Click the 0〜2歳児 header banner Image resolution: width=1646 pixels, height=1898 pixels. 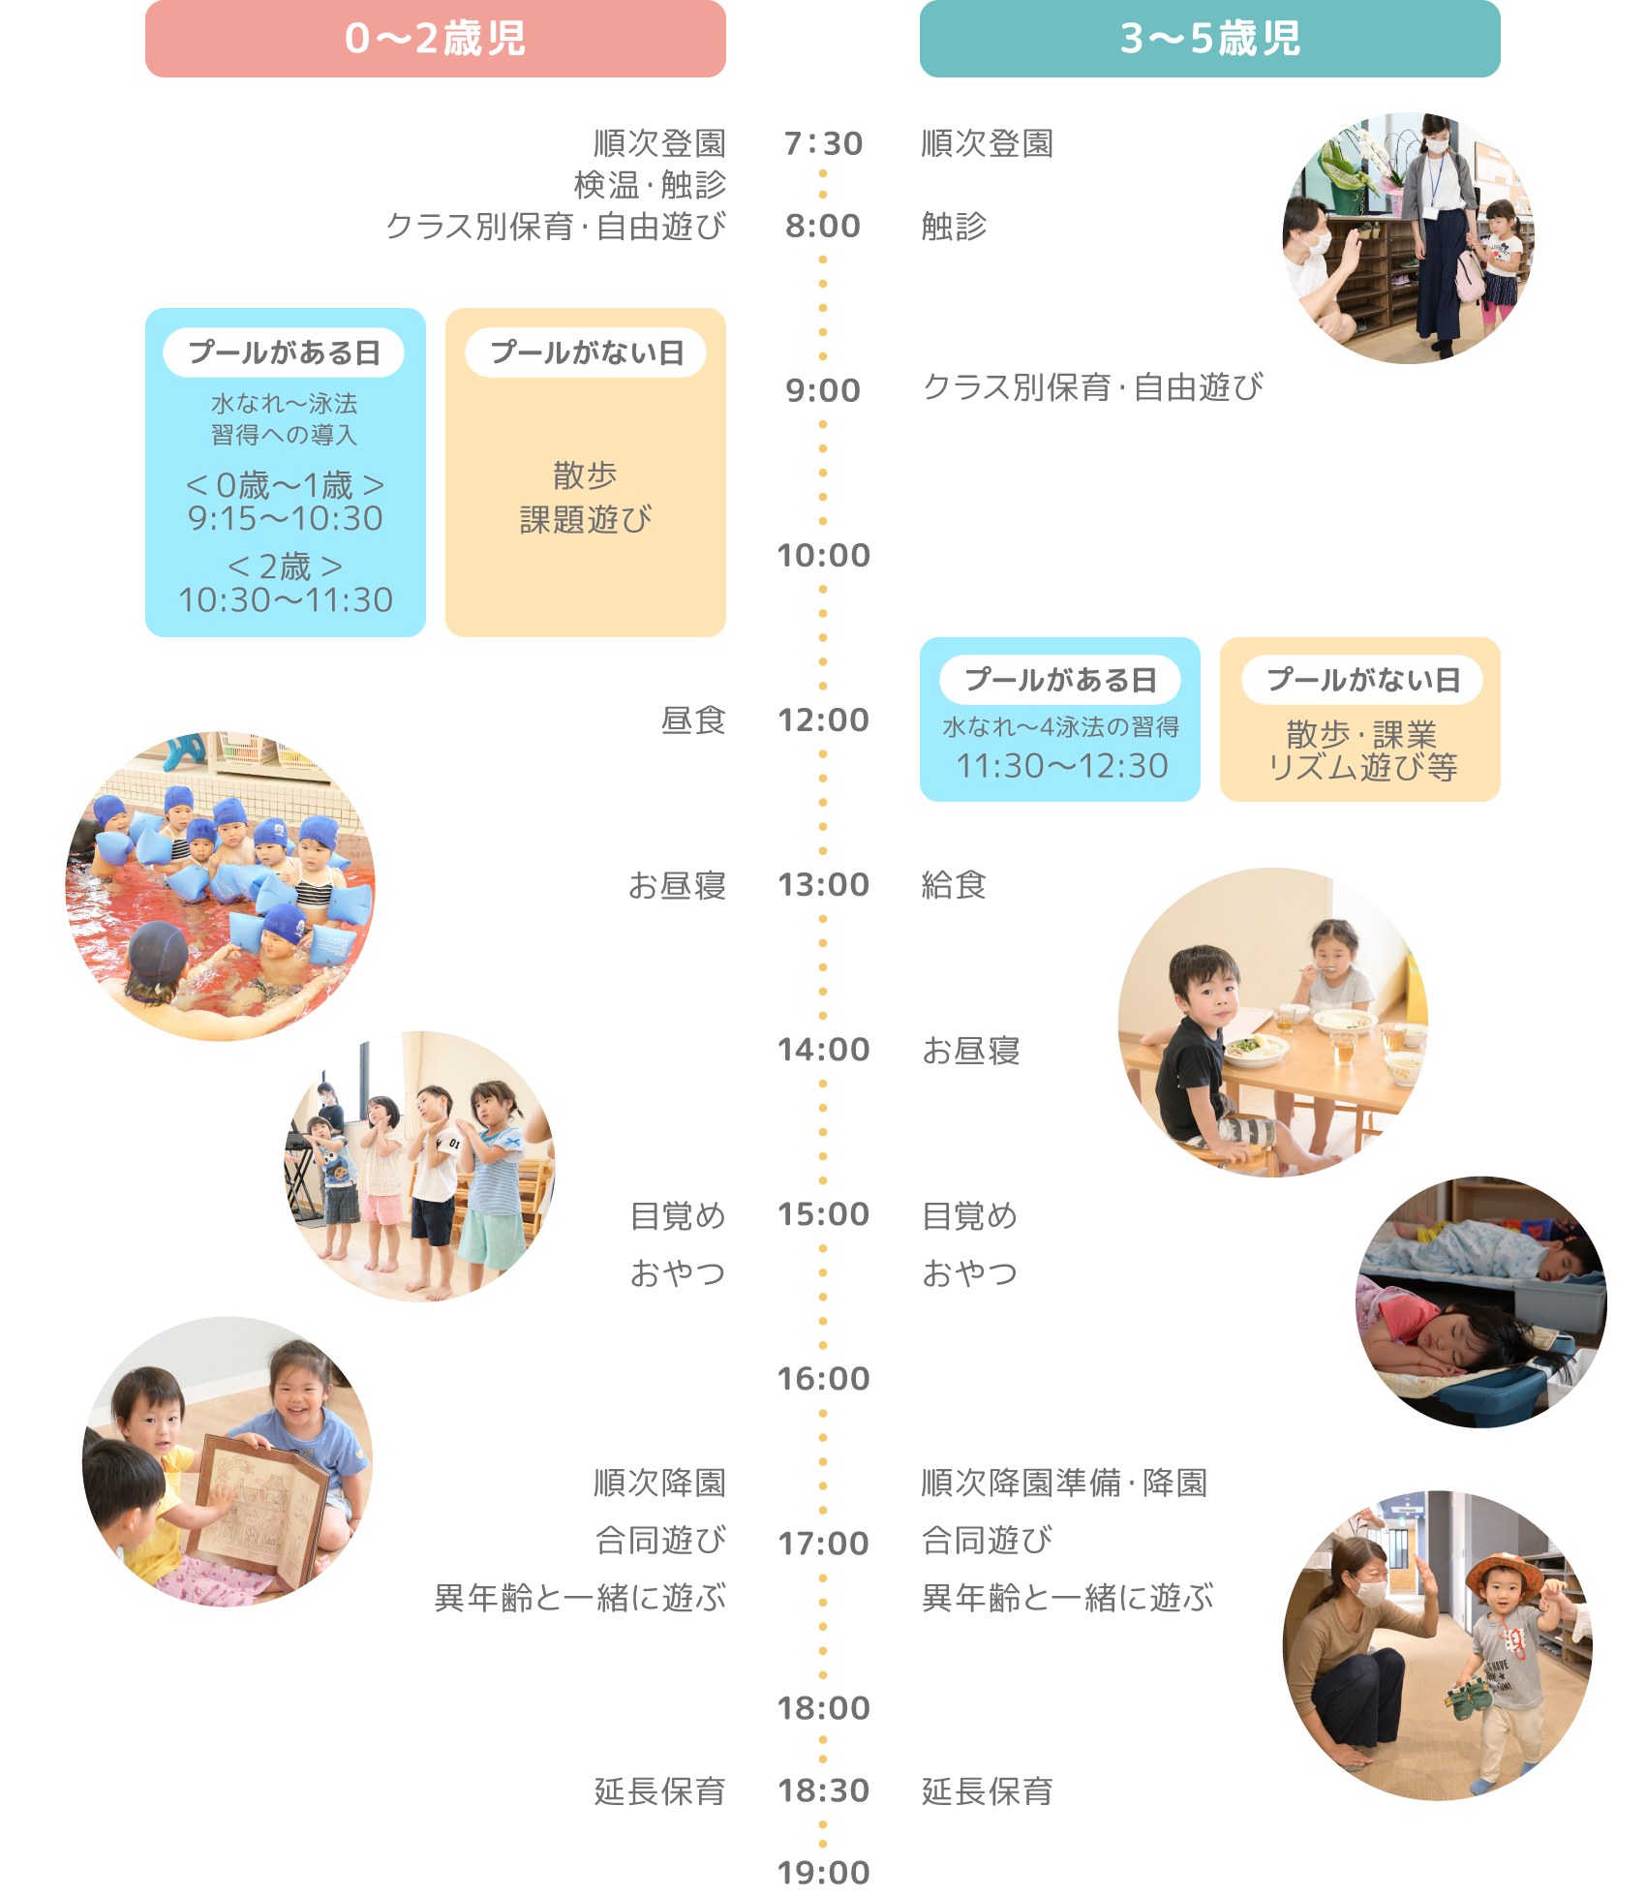[x=435, y=39]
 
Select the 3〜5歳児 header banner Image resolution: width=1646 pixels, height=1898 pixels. [x=1209, y=39]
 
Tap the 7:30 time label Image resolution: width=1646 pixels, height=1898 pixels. [x=823, y=143]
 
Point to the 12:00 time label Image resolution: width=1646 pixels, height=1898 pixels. [x=823, y=719]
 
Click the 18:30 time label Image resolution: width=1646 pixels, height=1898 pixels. [x=823, y=1791]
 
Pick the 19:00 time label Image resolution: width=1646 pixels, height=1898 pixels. [x=823, y=1872]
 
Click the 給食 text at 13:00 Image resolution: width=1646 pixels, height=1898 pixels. [x=954, y=884]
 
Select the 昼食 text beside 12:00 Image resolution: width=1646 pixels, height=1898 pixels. [x=693, y=719]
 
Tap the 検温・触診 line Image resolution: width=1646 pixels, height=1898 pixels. [x=650, y=184]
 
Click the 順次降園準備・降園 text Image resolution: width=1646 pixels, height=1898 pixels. [x=1064, y=1483]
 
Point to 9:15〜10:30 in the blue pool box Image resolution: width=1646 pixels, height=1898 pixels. [x=286, y=519]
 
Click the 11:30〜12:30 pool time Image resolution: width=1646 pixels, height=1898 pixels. [x=1062, y=766]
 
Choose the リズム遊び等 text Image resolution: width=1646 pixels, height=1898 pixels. [x=1362, y=768]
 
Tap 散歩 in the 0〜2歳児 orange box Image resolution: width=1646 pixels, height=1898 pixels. [x=585, y=475]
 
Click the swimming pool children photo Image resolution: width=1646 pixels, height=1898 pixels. [x=220, y=886]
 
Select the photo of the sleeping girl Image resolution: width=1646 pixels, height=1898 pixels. [x=1481, y=1302]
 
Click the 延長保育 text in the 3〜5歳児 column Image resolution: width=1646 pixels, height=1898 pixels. [x=987, y=1791]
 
